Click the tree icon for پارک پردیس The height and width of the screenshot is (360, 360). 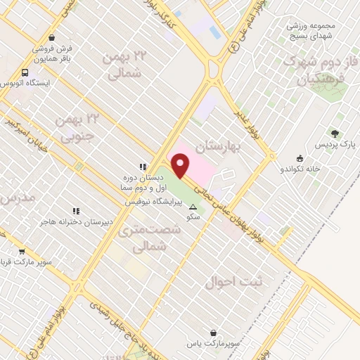coord(335,134)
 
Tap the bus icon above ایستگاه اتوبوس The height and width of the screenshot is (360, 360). coord(26,72)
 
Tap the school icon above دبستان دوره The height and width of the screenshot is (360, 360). coord(143,167)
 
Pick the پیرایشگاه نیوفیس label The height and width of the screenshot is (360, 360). coord(153,202)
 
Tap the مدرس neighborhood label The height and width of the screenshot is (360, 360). coord(15,199)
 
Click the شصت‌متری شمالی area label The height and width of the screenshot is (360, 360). coord(139,238)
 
